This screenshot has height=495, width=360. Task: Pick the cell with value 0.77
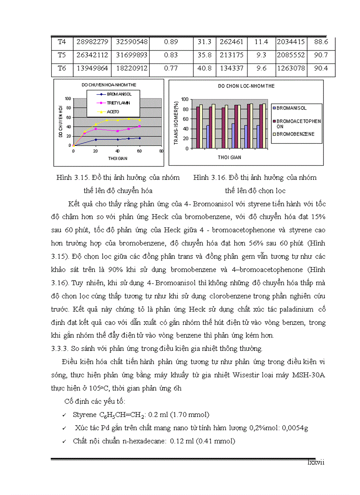[171, 69]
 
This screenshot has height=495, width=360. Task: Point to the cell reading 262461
[231, 42]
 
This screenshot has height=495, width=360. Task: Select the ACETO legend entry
[113, 112]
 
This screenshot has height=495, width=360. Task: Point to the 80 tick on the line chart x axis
[161, 151]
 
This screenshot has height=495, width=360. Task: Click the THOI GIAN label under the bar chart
[229, 157]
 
